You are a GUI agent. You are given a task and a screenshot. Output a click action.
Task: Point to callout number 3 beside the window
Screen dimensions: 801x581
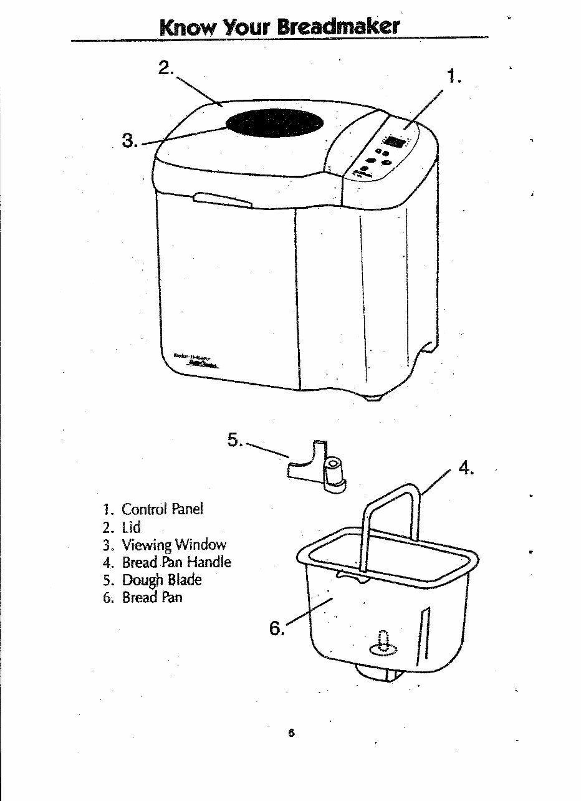(130, 141)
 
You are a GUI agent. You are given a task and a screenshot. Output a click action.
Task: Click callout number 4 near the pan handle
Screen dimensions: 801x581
(467, 468)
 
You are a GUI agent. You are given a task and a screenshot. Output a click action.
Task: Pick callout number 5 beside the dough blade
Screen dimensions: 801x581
(234, 440)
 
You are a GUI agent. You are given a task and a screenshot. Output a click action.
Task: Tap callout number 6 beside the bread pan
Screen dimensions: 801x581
(276, 628)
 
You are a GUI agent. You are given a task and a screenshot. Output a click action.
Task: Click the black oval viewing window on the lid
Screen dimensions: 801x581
(275, 122)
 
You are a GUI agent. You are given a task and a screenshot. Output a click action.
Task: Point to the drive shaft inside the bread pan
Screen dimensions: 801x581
(383, 643)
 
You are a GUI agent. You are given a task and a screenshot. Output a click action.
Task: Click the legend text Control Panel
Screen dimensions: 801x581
(162, 509)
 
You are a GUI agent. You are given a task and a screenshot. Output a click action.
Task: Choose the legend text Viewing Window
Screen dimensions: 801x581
(173, 545)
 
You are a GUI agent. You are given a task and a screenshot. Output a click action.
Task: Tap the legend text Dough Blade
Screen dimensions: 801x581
(161, 580)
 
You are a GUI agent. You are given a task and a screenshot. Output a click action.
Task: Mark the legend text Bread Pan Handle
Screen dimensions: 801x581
(176, 562)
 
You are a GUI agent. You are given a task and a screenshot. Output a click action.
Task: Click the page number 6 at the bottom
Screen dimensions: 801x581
(290, 734)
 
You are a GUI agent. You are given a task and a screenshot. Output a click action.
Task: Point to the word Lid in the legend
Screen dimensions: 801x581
(132, 527)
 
